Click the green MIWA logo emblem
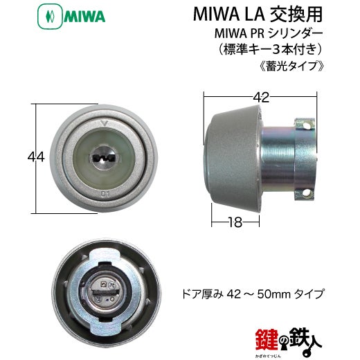click(x=50, y=17)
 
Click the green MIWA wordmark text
click(x=84, y=17)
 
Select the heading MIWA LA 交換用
click(x=258, y=15)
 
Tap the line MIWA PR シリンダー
click(x=269, y=34)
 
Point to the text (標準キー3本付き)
click(x=269, y=50)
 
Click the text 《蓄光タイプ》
click(x=291, y=65)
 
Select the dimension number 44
click(x=36, y=157)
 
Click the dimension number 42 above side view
click(x=261, y=98)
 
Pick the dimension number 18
click(x=235, y=222)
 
